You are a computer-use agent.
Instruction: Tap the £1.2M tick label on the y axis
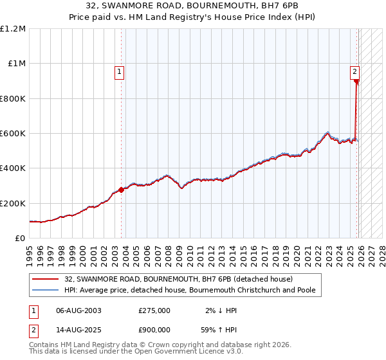13,29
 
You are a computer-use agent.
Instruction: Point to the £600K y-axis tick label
13,134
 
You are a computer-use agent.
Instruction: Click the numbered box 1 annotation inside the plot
120,72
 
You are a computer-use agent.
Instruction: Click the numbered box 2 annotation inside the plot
354,72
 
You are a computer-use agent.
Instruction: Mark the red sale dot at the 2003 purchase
121,190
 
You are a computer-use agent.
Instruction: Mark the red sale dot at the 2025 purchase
356,81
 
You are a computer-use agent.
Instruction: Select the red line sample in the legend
46,279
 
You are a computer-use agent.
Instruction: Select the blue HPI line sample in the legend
46,291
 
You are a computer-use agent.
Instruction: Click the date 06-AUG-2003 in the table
79,310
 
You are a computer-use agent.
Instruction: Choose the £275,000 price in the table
154,310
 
